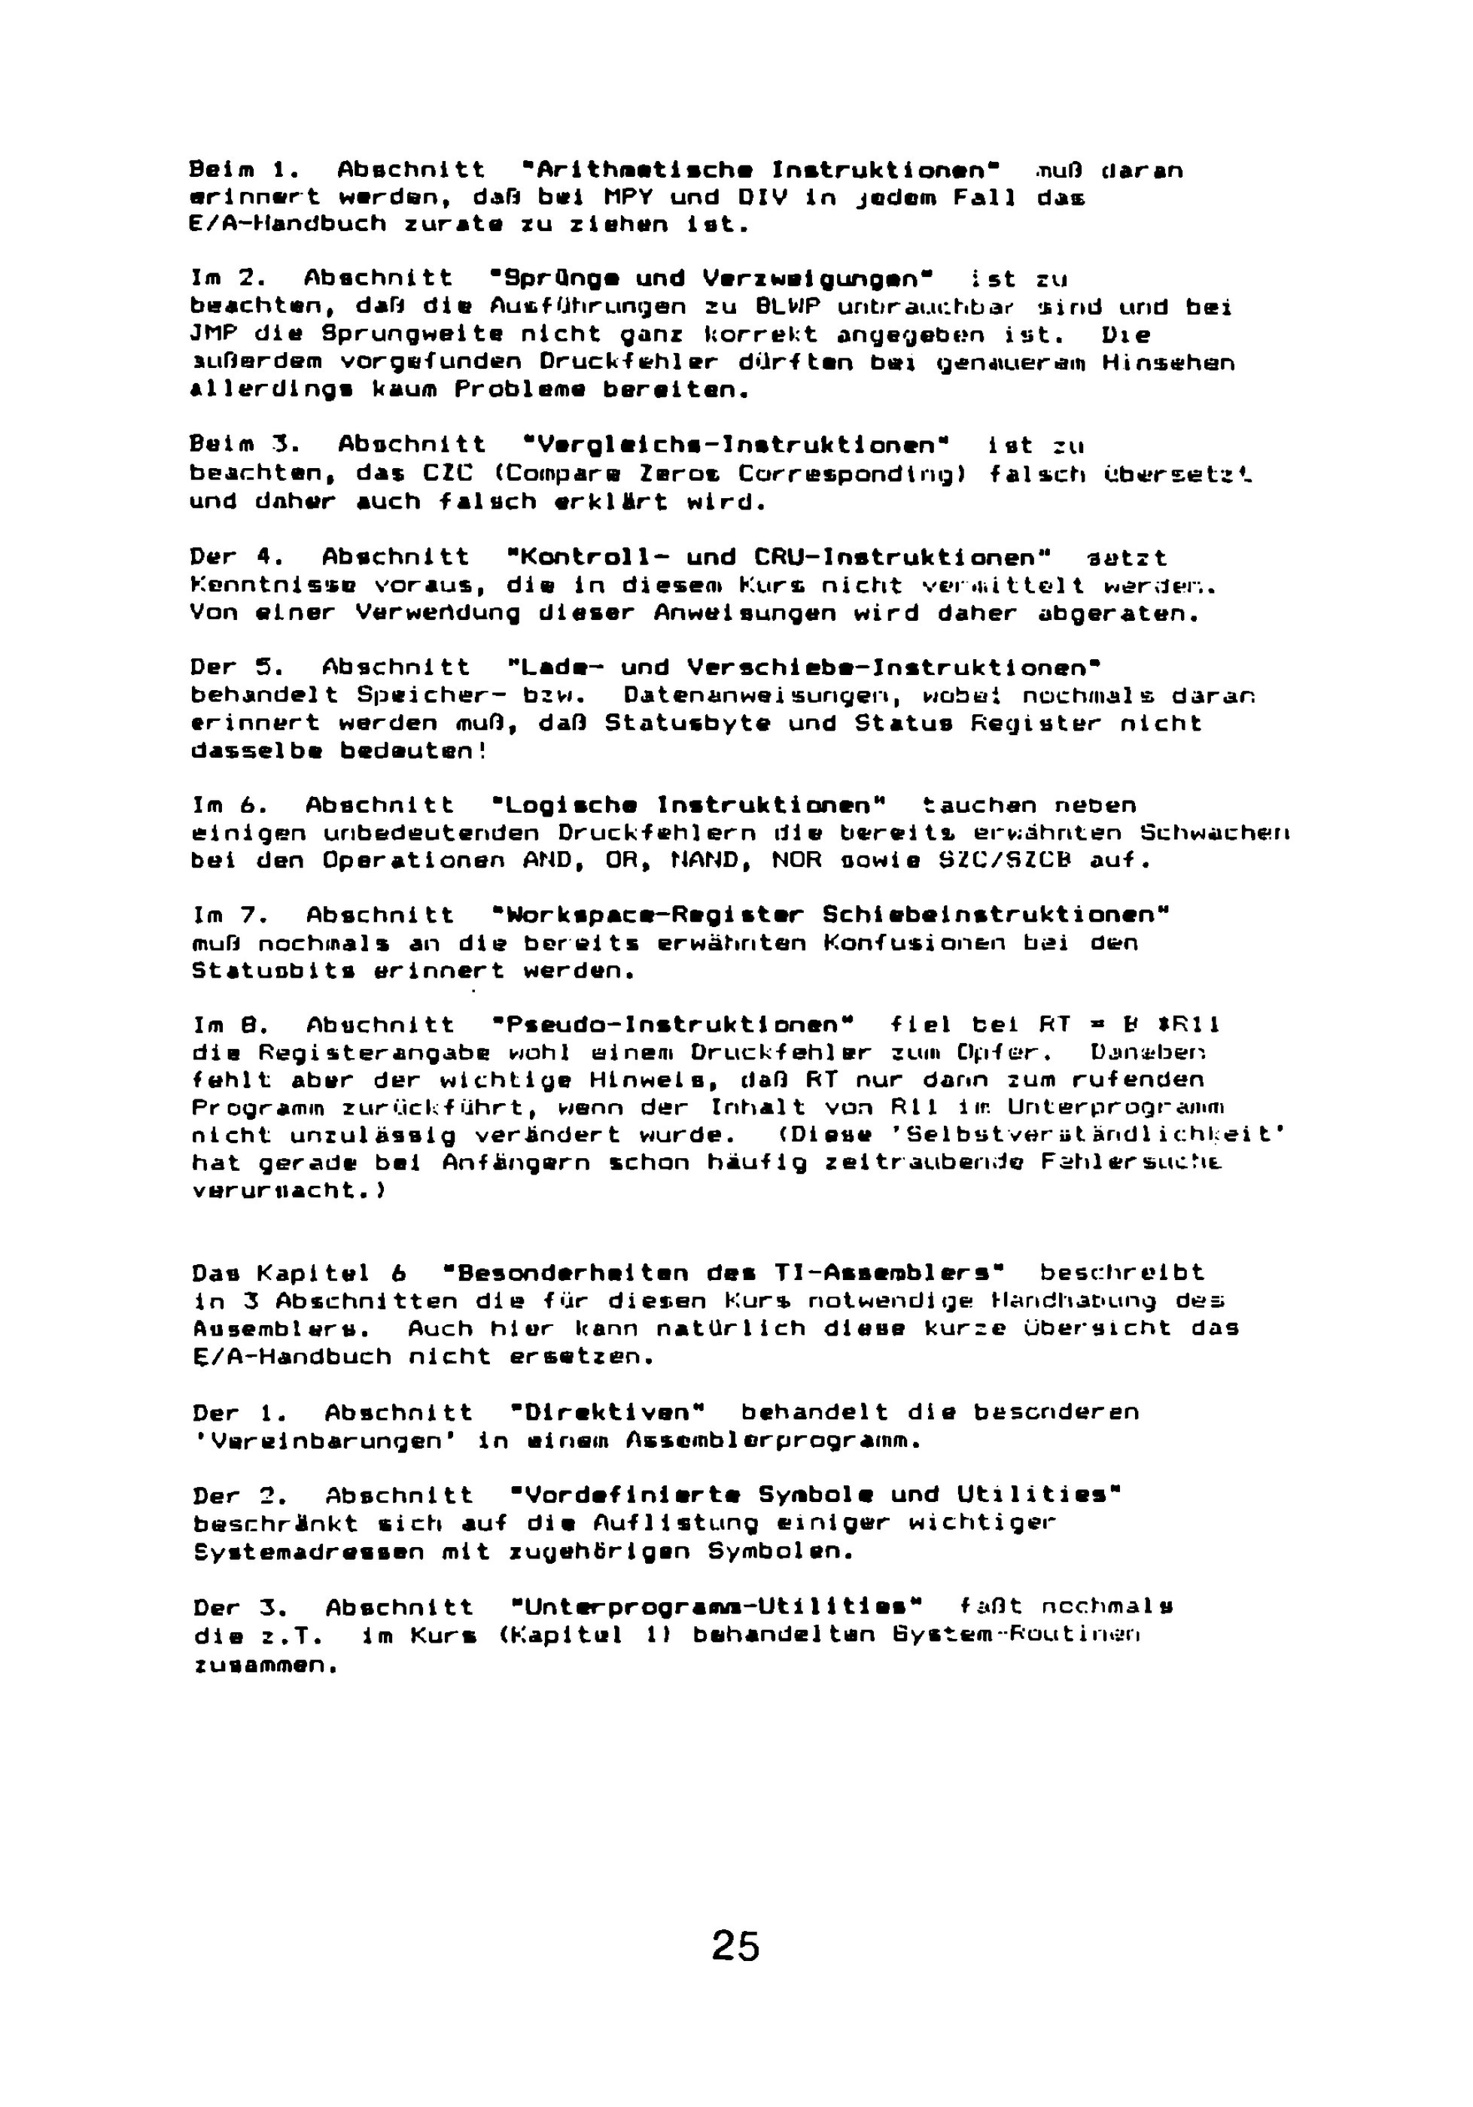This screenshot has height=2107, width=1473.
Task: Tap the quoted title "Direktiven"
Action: coord(606,1412)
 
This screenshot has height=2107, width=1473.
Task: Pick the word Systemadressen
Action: coord(309,1552)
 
